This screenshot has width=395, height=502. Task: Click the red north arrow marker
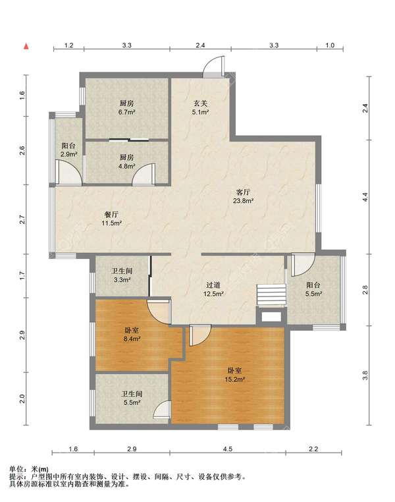tap(26, 46)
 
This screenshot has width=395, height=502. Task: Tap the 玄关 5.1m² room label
tap(201, 107)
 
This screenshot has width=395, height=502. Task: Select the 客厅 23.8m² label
tap(243, 196)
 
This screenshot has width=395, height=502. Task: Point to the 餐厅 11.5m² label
tap(112, 219)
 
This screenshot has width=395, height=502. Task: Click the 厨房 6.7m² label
tap(126, 107)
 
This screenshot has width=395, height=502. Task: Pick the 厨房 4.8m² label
tap(126, 161)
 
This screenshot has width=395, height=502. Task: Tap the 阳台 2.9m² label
tap(68, 150)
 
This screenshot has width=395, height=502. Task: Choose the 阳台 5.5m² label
tap(313, 289)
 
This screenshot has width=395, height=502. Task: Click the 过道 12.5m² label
tap(213, 289)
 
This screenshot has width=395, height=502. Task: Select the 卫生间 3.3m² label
tap(122, 275)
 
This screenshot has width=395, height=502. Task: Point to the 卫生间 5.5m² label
tap(132, 398)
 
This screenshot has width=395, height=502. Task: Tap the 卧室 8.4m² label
tap(132, 334)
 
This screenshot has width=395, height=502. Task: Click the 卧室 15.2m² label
tap(234, 375)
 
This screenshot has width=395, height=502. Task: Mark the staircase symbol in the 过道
tap(271, 295)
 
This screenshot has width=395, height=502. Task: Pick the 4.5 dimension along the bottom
tap(227, 449)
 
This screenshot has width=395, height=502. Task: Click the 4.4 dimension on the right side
tap(365, 196)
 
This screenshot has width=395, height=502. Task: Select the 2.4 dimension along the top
tap(200, 45)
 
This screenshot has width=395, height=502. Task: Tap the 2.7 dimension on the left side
tap(22, 219)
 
